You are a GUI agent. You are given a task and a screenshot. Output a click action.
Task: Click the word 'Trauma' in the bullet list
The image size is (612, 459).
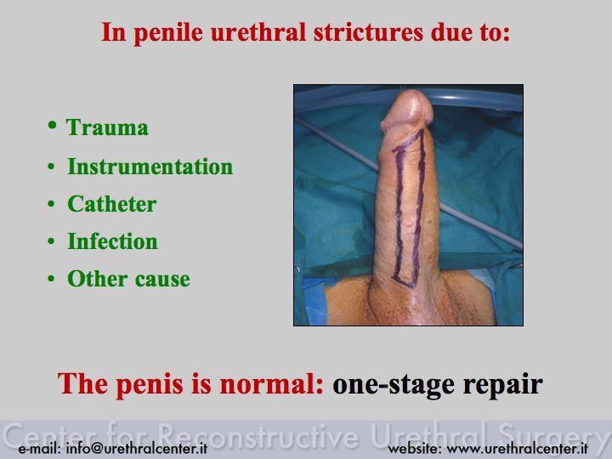(x=107, y=127)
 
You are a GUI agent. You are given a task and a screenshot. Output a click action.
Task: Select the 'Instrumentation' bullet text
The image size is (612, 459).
(x=150, y=167)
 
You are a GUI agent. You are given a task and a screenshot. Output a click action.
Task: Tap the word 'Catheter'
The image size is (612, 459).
(x=112, y=204)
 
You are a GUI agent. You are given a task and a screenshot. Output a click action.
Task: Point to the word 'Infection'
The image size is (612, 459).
(x=113, y=241)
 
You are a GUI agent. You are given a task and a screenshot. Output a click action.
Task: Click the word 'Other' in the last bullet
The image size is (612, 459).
(x=98, y=279)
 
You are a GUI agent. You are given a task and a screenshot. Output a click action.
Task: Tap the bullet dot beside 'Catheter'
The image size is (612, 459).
(x=51, y=204)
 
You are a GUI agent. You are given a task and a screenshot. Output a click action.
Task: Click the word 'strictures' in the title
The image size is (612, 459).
(x=368, y=32)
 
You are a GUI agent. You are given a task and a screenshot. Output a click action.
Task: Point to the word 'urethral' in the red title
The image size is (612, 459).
(x=258, y=32)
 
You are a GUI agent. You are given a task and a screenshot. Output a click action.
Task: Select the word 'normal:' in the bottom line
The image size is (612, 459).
(x=272, y=384)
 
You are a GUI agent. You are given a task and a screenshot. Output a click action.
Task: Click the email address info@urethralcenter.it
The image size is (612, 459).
(x=137, y=449)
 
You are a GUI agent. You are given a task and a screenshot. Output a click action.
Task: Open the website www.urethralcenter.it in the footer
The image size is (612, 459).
(x=518, y=449)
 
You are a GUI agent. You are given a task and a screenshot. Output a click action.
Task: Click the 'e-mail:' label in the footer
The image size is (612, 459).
(x=40, y=449)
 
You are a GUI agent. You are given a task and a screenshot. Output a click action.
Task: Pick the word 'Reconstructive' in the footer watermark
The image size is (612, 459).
(x=259, y=435)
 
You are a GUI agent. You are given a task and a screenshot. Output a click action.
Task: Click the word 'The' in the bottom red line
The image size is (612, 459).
(x=82, y=384)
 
